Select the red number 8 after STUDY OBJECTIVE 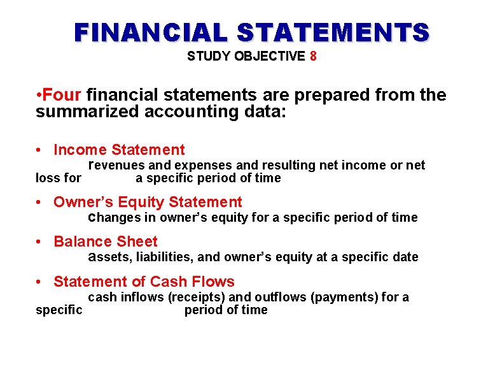[312, 56]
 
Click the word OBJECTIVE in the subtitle [270, 56]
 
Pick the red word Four [62, 96]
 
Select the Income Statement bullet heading [119, 150]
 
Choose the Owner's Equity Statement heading [148, 203]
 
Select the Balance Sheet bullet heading [105, 242]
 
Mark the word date [405, 257]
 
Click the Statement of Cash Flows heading [144, 282]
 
